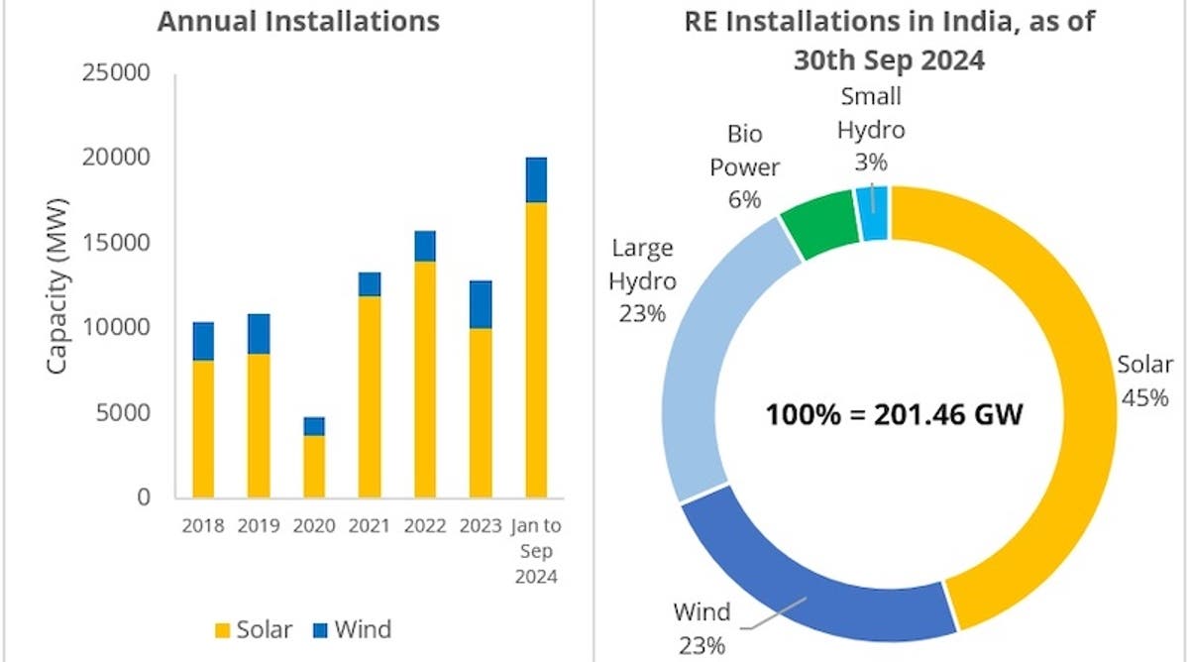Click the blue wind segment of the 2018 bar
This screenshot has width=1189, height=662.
(x=203, y=341)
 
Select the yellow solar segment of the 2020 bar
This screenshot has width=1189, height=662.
(x=314, y=466)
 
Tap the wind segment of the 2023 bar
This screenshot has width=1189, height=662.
(x=481, y=304)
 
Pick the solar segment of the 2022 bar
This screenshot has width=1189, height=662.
(x=425, y=379)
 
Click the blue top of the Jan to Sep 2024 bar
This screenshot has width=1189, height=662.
(x=536, y=179)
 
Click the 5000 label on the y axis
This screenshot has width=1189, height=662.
(x=124, y=412)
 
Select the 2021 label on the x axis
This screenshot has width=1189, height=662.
(x=370, y=524)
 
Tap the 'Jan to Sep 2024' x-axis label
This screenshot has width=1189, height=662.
(x=536, y=550)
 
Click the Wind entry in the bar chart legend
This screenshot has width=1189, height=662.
(x=351, y=629)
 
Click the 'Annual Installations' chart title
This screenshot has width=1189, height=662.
(x=298, y=22)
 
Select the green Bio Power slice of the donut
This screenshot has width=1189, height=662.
(x=820, y=224)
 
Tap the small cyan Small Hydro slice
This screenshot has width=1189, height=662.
(x=873, y=212)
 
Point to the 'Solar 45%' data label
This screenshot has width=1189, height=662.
(x=1144, y=380)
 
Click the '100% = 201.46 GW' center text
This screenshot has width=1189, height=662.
(x=893, y=413)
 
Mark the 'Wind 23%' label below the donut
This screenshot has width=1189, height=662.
(x=702, y=627)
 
